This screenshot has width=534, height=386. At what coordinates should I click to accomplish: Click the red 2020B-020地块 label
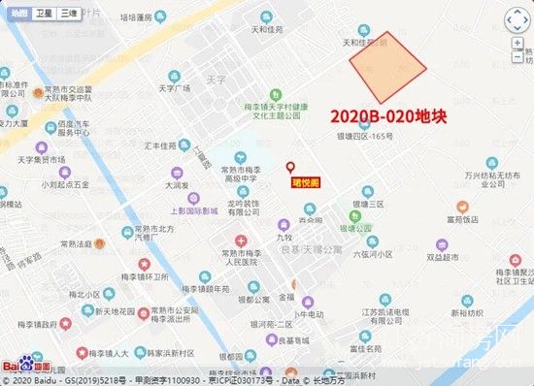coord(387,115)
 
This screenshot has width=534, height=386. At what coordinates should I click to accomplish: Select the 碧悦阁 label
coord(304,181)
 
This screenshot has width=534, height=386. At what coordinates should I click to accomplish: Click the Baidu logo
coord(26,367)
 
